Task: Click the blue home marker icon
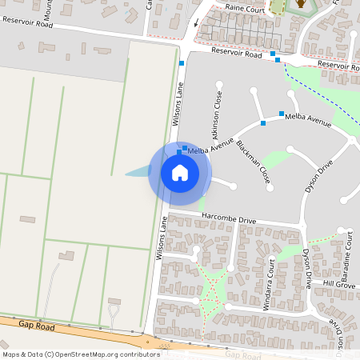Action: click(180, 173)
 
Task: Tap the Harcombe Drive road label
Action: click(229, 218)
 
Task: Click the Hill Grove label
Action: click(338, 284)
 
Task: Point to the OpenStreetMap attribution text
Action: click(70, 354)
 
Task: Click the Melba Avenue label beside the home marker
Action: click(209, 150)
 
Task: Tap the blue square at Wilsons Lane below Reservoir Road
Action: click(182, 63)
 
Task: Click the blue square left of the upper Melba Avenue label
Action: click(282, 114)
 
